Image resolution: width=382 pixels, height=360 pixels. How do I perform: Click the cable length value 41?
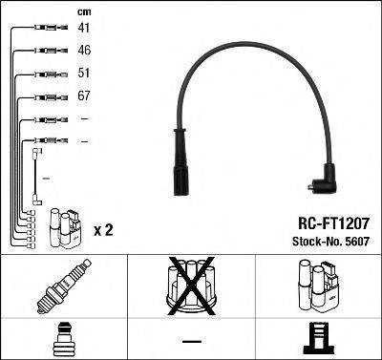point(84,29)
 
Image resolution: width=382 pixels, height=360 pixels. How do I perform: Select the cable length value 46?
point(84,51)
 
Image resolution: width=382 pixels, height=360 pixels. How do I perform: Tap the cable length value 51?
point(84,74)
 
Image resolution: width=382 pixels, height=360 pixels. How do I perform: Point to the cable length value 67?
point(84,96)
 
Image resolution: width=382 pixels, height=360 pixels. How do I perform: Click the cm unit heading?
point(83,11)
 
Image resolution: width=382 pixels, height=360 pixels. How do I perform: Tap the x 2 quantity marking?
point(104,230)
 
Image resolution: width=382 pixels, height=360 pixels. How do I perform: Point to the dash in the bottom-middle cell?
point(191,341)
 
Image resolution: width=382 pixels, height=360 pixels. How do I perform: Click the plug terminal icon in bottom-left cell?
point(63,338)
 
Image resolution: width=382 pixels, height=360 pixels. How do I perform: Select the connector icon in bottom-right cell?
point(318,338)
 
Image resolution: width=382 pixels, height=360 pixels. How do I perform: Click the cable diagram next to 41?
point(45,29)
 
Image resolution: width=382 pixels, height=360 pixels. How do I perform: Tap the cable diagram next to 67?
point(45,96)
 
